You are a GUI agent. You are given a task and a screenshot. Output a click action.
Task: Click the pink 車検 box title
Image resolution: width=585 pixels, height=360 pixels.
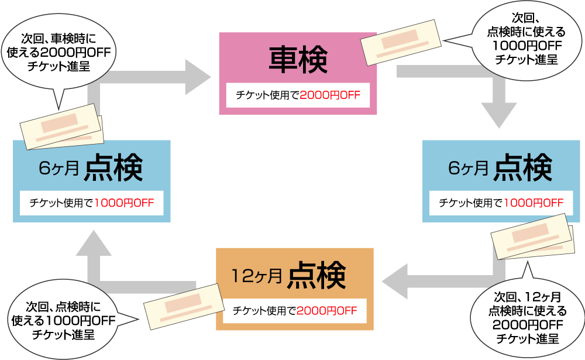[x=298, y=60]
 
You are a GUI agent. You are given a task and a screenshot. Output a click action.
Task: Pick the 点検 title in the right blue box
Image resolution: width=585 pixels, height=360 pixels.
[x=522, y=169]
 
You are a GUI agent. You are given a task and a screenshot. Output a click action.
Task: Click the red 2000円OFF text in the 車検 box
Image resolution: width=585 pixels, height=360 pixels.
[x=329, y=95]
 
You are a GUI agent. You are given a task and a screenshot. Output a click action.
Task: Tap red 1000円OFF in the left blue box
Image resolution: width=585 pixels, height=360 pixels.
[x=124, y=203]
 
